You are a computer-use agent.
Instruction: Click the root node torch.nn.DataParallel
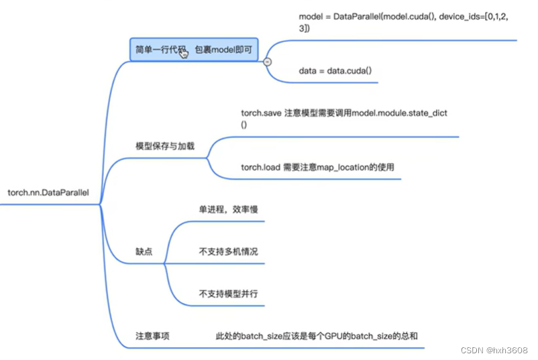[x=48, y=193]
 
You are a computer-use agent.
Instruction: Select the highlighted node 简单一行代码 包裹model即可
[x=196, y=50]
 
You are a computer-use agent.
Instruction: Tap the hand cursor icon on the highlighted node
[x=184, y=53]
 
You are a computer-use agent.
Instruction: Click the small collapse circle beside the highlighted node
[x=267, y=61]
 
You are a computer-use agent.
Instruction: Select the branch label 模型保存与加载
[x=164, y=145]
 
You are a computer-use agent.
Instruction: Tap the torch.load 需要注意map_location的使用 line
[x=322, y=166]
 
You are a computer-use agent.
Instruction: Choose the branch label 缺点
[x=144, y=251]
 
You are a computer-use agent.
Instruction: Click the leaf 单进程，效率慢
[x=228, y=210]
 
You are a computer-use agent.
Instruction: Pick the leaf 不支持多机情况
[x=228, y=251]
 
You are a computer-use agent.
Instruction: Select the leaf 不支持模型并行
[x=228, y=293]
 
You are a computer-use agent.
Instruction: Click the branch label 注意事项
[x=152, y=335]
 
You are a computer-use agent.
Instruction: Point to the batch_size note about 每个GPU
[x=316, y=335]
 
